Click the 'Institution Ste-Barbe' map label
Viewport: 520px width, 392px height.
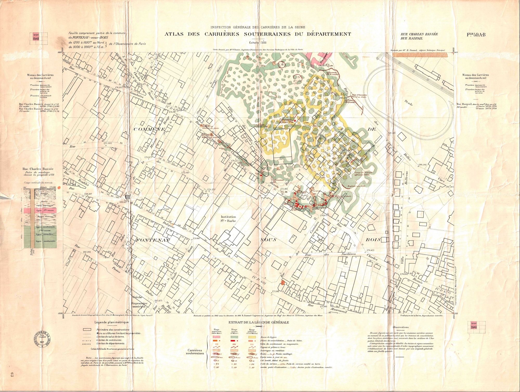tap(228, 219)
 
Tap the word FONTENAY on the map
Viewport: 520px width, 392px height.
tap(152, 240)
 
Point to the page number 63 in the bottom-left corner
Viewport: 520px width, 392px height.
tap(12, 375)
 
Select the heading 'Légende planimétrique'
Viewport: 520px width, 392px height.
tap(112, 322)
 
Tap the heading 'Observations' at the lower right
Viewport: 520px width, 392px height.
tap(401, 327)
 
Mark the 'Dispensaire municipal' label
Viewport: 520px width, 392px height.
tap(139, 305)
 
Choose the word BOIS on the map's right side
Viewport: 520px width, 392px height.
tap(373, 240)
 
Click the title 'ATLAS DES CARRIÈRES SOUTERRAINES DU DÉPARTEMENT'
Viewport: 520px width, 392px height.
tap(258, 34)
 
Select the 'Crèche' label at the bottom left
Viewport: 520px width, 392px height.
tap(137, 297)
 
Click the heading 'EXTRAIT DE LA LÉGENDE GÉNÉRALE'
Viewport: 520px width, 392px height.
tap(258, 323)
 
